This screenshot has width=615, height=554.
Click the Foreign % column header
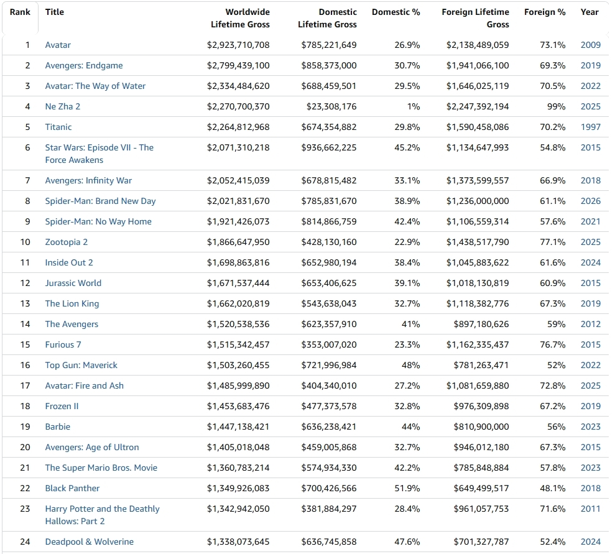coord(545,12)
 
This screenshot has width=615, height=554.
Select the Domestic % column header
coord(395,12)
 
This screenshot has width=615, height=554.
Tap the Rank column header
coord(20,12)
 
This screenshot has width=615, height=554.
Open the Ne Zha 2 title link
coord(63,107)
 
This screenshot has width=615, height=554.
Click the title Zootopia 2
coord(67,242)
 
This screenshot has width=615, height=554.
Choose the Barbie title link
coord(58,427)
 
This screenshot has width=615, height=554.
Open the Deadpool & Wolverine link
coord(90,542)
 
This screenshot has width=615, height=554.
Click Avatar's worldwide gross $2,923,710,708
coord(238,45)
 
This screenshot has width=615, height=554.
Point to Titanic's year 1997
coord(591,127)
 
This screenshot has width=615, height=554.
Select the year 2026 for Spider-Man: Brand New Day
coord(591,201)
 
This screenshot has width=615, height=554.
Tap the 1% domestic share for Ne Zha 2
coord(414,107)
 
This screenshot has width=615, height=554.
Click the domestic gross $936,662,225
coord(329,148)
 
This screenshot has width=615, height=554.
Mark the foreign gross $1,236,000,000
coord(478,201)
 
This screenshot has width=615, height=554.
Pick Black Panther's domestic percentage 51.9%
coord(407,489)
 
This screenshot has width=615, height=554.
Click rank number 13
coord(25,304)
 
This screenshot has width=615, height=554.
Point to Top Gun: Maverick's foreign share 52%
coord(557,366)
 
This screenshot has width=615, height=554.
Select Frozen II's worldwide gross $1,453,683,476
coord(238,406)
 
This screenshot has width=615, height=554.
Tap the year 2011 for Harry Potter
coord(591,509)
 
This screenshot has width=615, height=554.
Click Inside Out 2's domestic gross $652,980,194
coord(329,262)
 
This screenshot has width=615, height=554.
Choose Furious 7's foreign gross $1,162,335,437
coord(478,344)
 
